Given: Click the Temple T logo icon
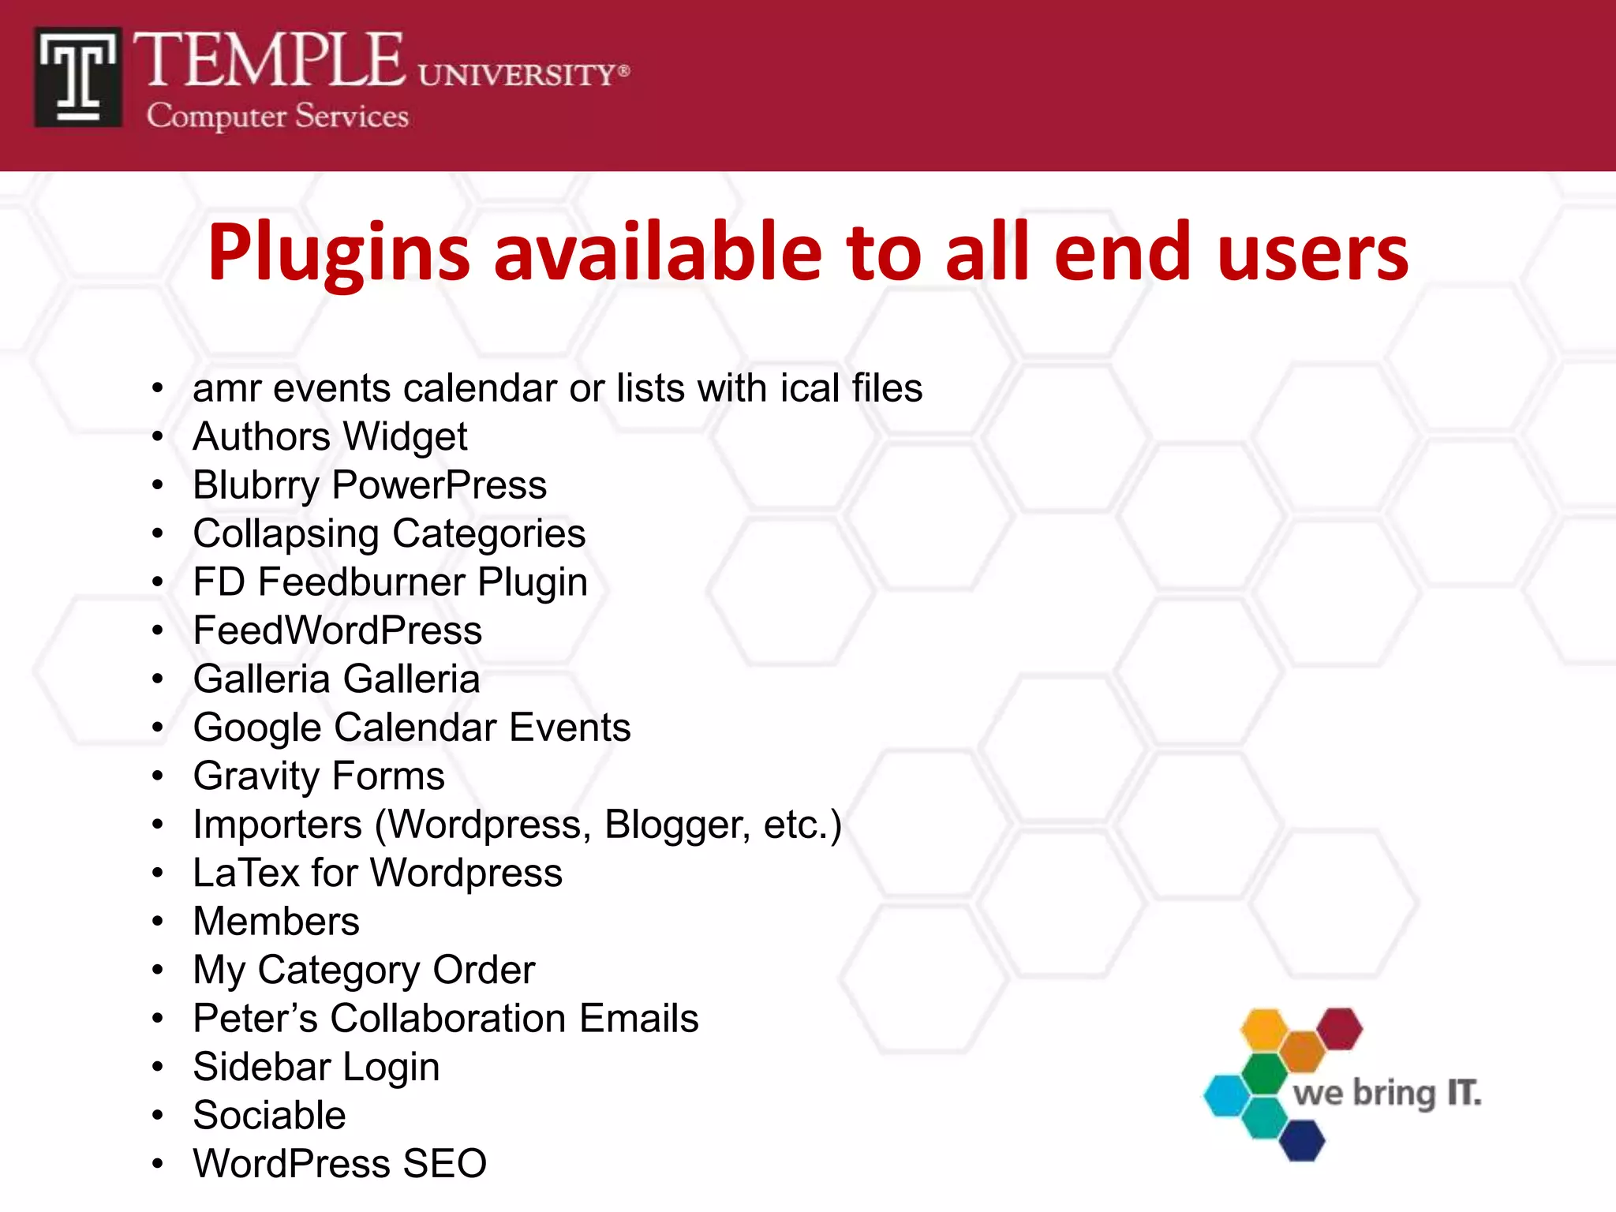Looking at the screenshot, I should [78, 77].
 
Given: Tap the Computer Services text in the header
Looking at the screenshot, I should [277, 117].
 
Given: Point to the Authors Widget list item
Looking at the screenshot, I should [330, 436].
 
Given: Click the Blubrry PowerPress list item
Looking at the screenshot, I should [369, 484].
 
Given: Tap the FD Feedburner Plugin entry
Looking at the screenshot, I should [390, 582].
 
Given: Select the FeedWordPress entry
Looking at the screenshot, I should [337, 630].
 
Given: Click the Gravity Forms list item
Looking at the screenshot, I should [319, 776].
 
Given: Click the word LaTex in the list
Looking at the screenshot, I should [246, 873].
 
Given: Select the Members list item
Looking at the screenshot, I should [276, 921].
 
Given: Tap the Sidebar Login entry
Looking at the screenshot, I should [316, 1067].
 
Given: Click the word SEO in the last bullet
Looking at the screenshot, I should [444, 1163].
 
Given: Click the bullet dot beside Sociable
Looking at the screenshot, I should [158, 1115].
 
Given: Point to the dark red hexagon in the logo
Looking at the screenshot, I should [1340, 1029].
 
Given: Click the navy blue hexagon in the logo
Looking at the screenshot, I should [1301, 1141].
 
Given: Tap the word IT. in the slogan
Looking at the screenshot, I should [1464, 1094].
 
